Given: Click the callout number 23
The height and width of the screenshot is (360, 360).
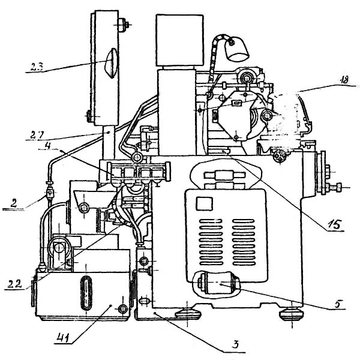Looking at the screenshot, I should [x=35, y=67].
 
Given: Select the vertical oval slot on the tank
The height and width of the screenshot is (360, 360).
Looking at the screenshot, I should [x=86, y=292].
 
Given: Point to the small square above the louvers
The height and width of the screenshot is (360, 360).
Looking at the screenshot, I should [x=203, y=204].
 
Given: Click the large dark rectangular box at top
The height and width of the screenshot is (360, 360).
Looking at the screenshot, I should [x=175, y=41].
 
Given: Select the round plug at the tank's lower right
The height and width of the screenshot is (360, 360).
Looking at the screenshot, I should [x=122, y=308].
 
